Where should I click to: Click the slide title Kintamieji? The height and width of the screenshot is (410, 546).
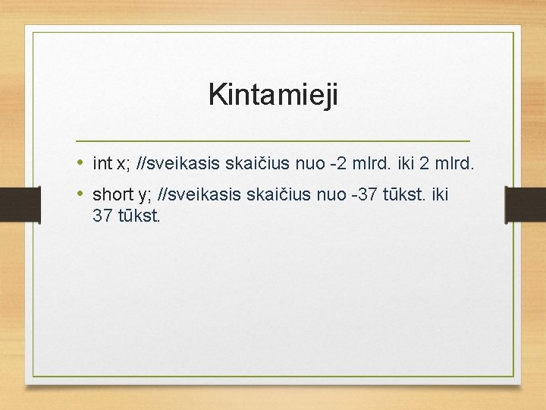pyautogui.click(x=273, y=96)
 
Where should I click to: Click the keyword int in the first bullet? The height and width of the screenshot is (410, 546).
pyautogui.click(x=102, y=163)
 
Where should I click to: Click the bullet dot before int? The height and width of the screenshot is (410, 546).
pyautogui.click(x=81, y=162)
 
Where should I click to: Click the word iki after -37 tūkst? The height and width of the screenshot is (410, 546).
pyautogui.click(x=440, y=195)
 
